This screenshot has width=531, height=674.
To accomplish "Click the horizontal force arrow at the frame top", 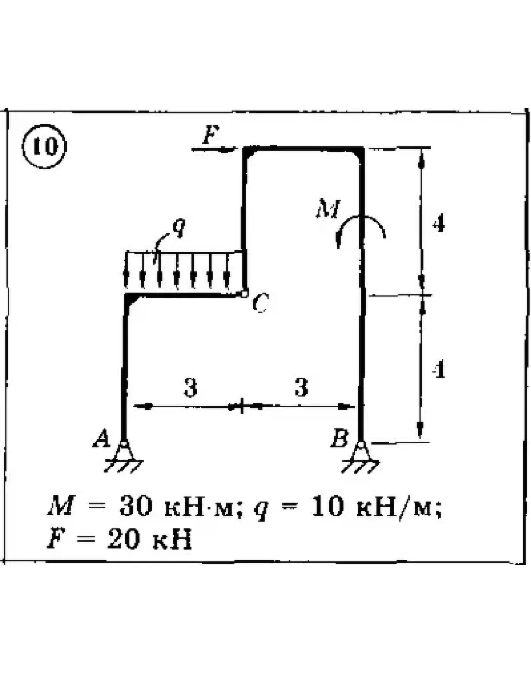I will click(x=214, y=149).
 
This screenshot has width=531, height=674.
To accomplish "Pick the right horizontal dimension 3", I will click(x=301, y=387).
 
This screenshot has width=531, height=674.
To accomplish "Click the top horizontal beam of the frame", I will click(x=303, y=149).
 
